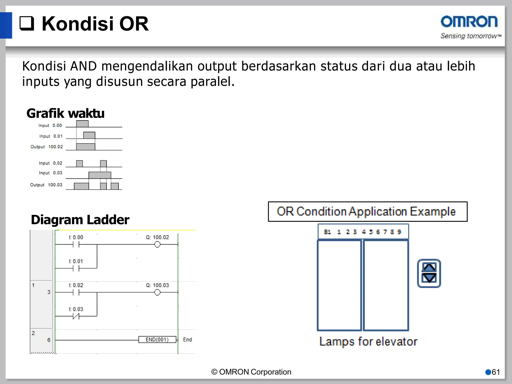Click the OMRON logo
pos(469,22)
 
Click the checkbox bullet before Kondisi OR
pos(27,23)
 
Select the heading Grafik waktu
pos(65,113)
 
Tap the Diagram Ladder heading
pos(80,220)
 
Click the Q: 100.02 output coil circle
pos(157,244)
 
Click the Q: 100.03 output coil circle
pos(157,292)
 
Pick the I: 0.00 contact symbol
pos(76,244)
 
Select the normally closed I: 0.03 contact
pos(76,316)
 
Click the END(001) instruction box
pos(157,339)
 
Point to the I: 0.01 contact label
pos(76,261)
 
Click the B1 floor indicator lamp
pos(327,232)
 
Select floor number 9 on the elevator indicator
pos(399,232)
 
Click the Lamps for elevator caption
pos(368,341)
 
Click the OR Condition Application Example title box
pos(367,211)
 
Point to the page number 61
pos(495,372)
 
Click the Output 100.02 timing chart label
pos(46,147)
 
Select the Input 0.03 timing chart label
pos(50,173)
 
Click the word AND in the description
pos(83,66)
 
